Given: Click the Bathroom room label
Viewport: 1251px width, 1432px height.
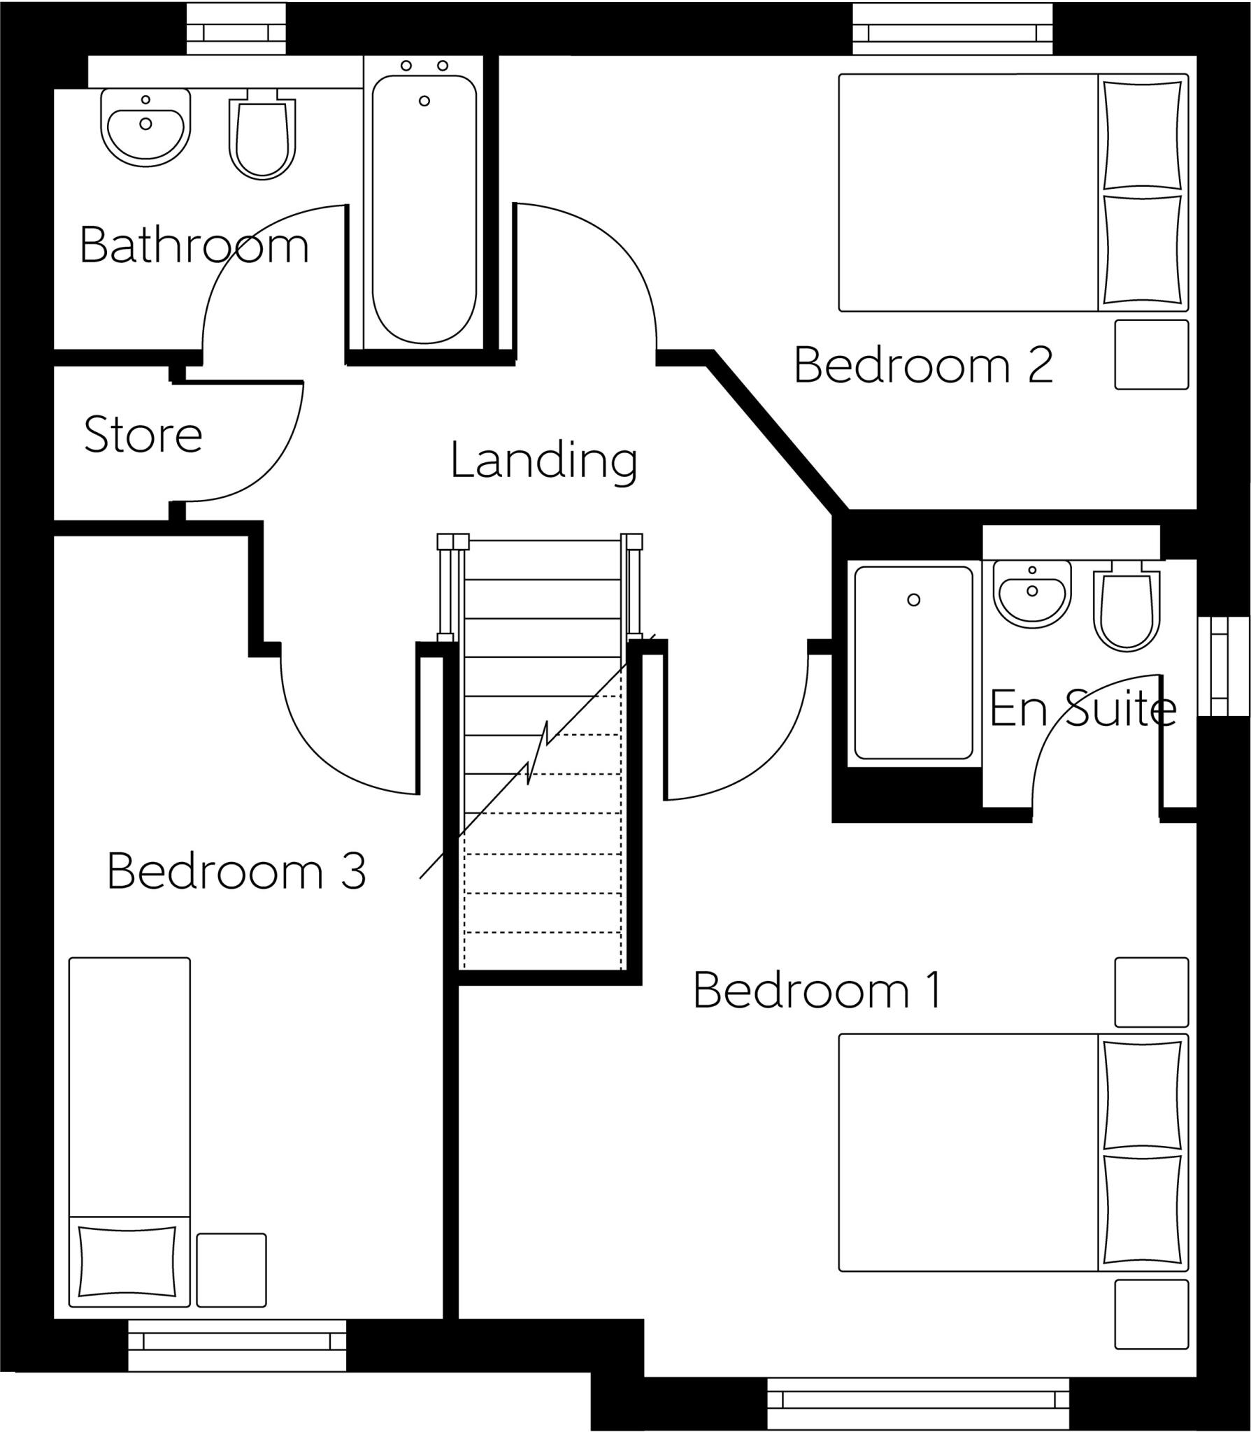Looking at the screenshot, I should [194, 245].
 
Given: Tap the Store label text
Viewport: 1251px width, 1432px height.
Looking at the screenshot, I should [143, 434].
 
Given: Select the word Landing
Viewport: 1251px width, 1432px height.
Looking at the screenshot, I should [543, 461].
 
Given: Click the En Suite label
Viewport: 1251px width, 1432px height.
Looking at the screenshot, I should [1082, 708].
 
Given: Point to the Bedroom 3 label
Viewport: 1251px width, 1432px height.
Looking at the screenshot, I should [236, 871].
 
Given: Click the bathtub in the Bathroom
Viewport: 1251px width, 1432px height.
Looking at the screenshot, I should [424, 210].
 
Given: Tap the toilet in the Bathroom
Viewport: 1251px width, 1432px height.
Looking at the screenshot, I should [262, 138].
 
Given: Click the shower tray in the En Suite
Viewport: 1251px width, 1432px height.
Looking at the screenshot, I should [913, 662].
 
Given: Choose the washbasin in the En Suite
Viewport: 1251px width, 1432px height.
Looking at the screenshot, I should [1032, 591].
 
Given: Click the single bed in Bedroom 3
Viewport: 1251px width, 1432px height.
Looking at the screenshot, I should [129, 1098].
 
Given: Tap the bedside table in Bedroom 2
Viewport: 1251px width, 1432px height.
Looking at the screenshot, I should [1151, 355].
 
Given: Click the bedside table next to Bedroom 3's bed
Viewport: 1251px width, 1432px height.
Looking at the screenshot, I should [231, 1270].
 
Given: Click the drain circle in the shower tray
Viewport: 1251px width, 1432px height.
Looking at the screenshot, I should [913, 600].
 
